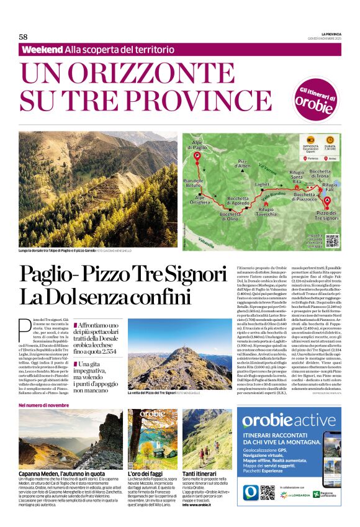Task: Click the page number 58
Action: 23,37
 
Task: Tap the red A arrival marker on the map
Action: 328,199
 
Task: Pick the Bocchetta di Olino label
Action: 229,217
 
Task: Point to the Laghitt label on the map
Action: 263,184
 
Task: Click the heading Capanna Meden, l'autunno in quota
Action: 62,473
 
